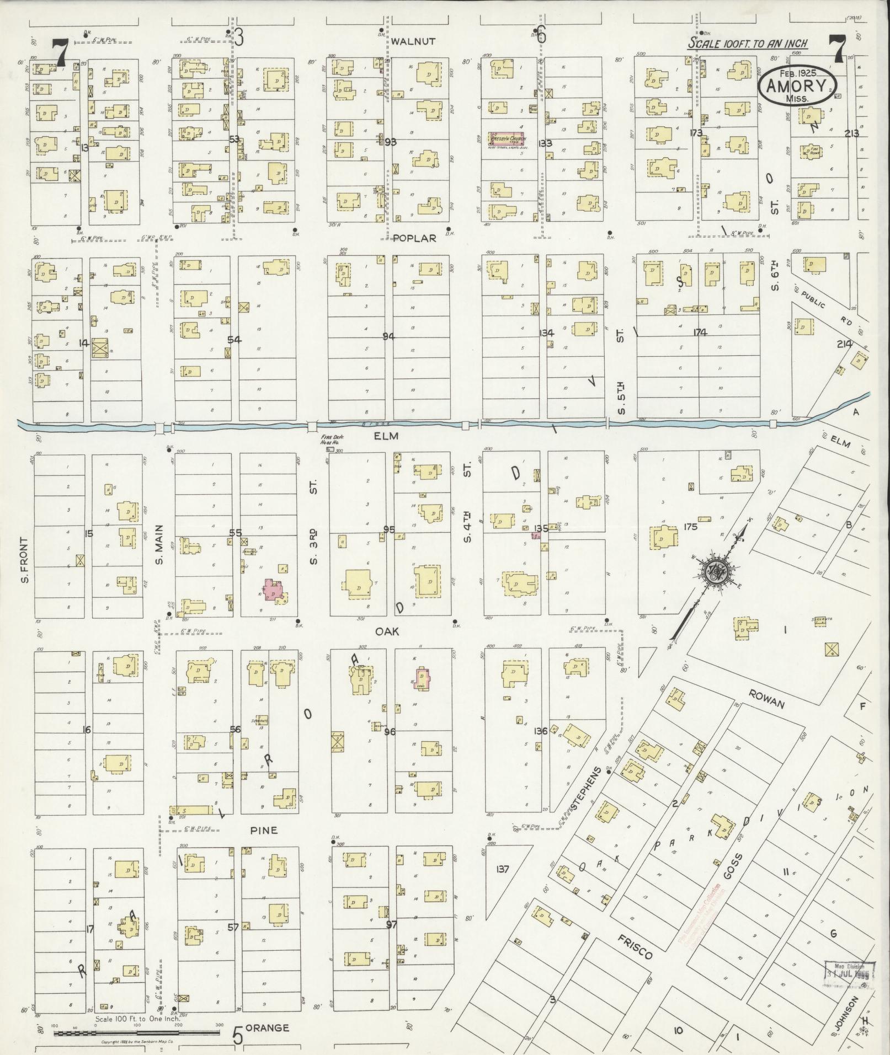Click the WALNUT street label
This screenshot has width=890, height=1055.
pos(413,41)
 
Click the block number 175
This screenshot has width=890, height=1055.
pos(690,527)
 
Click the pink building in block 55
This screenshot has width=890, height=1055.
pos(274,591)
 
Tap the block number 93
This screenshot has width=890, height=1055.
pos(391,142)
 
